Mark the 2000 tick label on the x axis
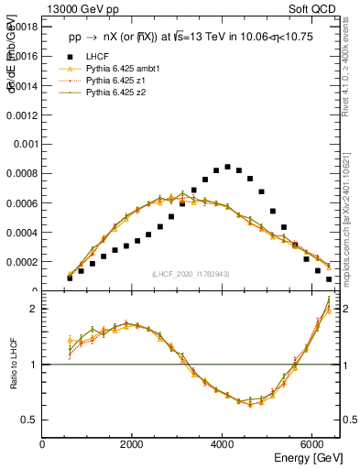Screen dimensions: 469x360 pos(133,443)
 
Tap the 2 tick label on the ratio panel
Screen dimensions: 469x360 pos(33,309)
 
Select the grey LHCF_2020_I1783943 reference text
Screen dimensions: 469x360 pos(191,274)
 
